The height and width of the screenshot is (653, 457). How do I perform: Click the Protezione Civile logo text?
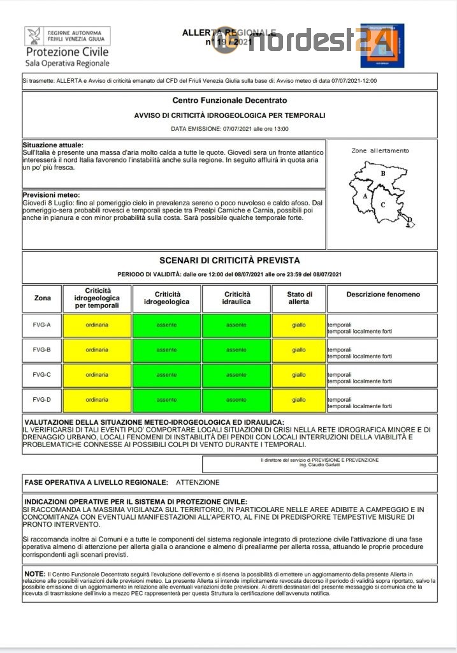click(67, 52)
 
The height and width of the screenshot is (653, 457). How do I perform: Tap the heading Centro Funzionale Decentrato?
click(229, 100)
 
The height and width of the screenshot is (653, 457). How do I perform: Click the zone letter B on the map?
click(382, 173)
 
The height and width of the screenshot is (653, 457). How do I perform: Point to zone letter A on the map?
click(365, 196)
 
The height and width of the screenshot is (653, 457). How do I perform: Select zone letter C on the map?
click(382, 205)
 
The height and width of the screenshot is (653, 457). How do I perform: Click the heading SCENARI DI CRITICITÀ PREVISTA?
click(229, 260)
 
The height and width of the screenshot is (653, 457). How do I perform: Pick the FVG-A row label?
click(42, 325)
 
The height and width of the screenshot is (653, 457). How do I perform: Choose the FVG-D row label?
click(42, 400)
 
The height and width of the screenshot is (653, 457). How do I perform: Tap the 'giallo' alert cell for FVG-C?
click(299, 375)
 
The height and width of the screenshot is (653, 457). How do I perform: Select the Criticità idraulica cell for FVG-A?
click(236, 325)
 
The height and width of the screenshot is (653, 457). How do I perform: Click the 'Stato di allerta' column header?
click(299, 298)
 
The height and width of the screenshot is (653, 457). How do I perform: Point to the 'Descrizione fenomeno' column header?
click(383, 295)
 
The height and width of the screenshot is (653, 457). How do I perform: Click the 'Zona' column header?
click(42, 298)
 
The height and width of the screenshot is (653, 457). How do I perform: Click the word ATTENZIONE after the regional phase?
click(198, 483)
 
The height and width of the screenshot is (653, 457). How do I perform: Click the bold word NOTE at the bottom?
click(35, 574)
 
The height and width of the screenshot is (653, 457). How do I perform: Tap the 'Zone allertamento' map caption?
click(380, 151)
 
